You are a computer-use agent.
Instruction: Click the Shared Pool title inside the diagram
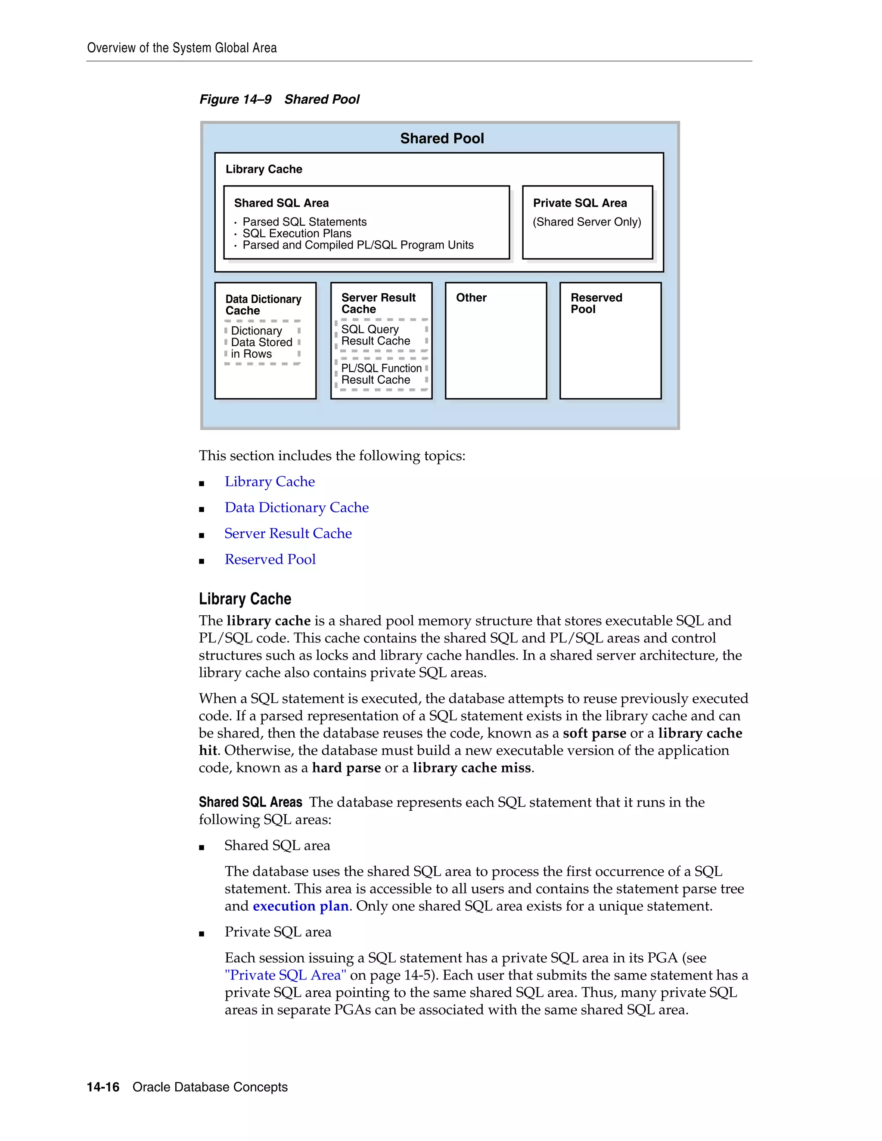pos(441,139)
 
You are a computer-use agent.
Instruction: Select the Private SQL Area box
pos(587,223)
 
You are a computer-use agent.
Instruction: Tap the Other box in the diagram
pos(495,341)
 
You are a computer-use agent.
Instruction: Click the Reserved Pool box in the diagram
pos(610,341)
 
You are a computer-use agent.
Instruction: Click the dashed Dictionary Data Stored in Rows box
pos(262,343)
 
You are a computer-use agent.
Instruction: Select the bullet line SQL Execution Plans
pos(296,233)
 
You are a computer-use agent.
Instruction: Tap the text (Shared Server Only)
pos(586,222)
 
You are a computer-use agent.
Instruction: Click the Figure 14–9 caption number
pos(235,99)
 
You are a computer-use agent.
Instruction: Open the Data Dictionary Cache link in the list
pos(296,507)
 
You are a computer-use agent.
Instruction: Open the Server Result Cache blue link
pos(288,533)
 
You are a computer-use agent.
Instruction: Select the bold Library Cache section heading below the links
pos(245,599)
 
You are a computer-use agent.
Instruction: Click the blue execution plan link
pos(301,906)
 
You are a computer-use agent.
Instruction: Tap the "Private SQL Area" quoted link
pos(285,975)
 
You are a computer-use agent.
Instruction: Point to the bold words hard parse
pos(346,767)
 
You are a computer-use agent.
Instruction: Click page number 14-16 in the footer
pos(103,1087)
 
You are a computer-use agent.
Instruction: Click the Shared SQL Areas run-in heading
pos(250,802)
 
